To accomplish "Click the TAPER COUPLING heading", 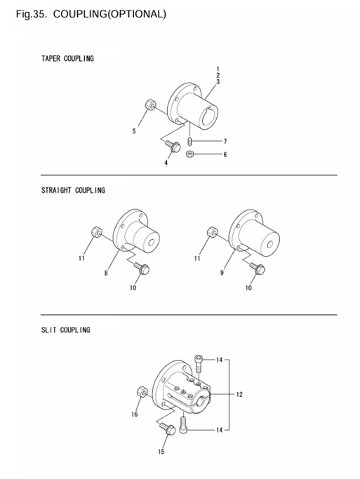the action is pos(67,58).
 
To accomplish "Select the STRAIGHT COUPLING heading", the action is pos(74,190).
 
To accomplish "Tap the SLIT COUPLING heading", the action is pos(66,330).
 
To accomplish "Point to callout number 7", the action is pos(225,141).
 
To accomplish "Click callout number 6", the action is pos(225,154).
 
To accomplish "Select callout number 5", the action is pos(134,131).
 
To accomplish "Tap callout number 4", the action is pos(166,163).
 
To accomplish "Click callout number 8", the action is pos(106,273).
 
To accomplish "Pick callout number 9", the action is pos(222,273).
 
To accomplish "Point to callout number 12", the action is pos(239,395).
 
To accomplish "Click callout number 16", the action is pos(135,414).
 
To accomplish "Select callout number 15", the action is pos(161,452).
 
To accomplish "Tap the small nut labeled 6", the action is pos(189,154).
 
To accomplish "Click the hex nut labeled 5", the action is pos(150,104).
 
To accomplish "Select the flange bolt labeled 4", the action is pos(173,146).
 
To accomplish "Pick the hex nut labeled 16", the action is pos(142,391).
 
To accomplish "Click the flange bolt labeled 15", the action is pos(168,429).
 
